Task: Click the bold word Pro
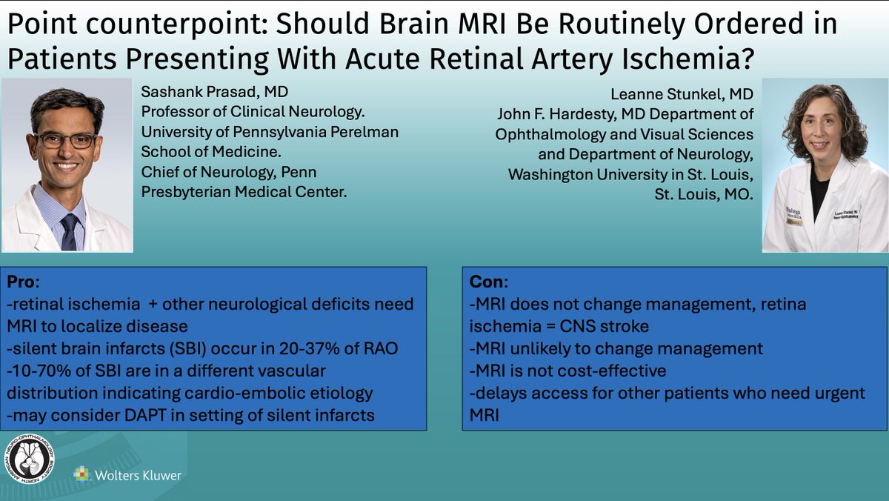(21, 282)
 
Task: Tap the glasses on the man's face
(65, 139)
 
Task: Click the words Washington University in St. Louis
(630, 175)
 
